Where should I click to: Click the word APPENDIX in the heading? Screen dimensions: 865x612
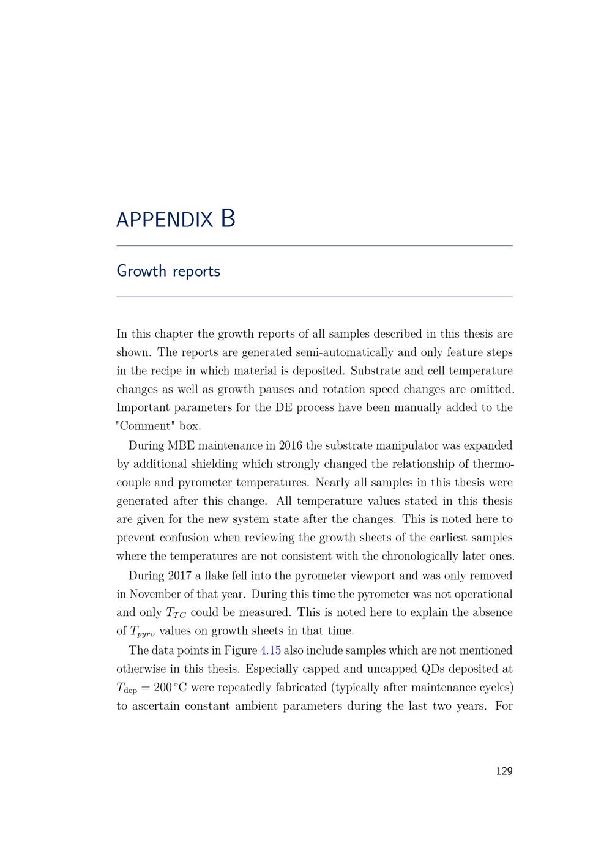tap(164, 220)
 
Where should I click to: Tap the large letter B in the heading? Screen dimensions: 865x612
tap(228, 218)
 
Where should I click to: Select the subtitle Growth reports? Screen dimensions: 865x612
tap(168, 271)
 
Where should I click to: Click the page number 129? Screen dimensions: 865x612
tap(504, 771)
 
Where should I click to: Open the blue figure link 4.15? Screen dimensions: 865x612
tap(271, 650)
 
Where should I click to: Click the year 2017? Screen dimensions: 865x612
tap(177, 576)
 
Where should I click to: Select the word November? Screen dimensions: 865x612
tap(158, 594)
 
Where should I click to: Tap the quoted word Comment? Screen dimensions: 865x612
tap(146, 426)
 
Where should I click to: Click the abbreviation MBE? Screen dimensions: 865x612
tap(181, 445)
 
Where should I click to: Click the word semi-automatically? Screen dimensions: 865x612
tap(345, 352)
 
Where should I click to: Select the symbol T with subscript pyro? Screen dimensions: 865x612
tap(143, 632)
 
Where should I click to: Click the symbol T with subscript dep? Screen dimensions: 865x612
tap(127, 688)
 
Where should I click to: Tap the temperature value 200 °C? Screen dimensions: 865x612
tap(170, 688)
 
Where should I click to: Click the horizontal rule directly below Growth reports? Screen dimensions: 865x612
tap(315, 297)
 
